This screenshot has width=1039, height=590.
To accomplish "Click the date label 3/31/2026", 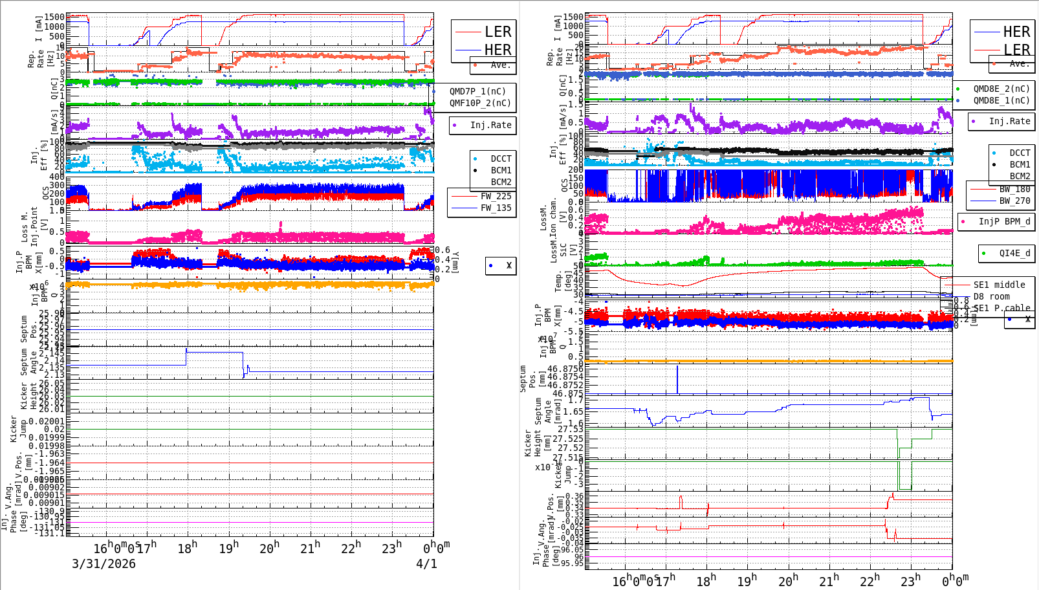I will pyautogui.click(x=104, y=564).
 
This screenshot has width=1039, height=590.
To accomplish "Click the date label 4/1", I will pyautogui.click(x=426, y=564).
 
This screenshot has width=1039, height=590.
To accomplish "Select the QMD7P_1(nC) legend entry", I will pyautogui.click(x=477, y=92).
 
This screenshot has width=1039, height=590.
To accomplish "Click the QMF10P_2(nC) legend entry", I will pyautogui.click(x=480, y=104).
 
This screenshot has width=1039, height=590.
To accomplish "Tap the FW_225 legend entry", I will pyautogui.click(x=496, y=197).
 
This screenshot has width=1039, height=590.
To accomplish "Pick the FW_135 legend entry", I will pyautogui.click(x=496, y=208).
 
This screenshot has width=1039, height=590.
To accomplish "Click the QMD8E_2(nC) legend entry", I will pyautogui.click(x=1001, y=89).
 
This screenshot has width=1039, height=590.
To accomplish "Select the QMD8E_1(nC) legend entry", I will pyautogui.click(x=1001, y=101).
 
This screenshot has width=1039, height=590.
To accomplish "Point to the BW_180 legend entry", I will pyautogui.click(x=1014, y=190).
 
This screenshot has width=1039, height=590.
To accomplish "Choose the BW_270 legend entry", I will pyautogui.click(x=1014, y=201).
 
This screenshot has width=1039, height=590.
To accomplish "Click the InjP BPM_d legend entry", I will pyautogui.click(x=1004, y=222).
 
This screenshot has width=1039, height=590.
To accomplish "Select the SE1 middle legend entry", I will pyautogui.click(x=999, y=285).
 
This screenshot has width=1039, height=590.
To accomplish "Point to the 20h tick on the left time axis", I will pyautogui.click(x=269, y=549).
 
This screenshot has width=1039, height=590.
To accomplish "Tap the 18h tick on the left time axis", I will pyautogui.click(x=187, y=549).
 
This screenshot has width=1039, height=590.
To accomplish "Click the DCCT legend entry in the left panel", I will pyautogui.click(x=501, y=159).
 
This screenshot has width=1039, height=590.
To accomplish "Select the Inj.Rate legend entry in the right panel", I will pyautogui.click(x=1009, y=122).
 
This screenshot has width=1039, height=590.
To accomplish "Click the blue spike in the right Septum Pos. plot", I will pyautogui.click(x=677, y=378).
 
